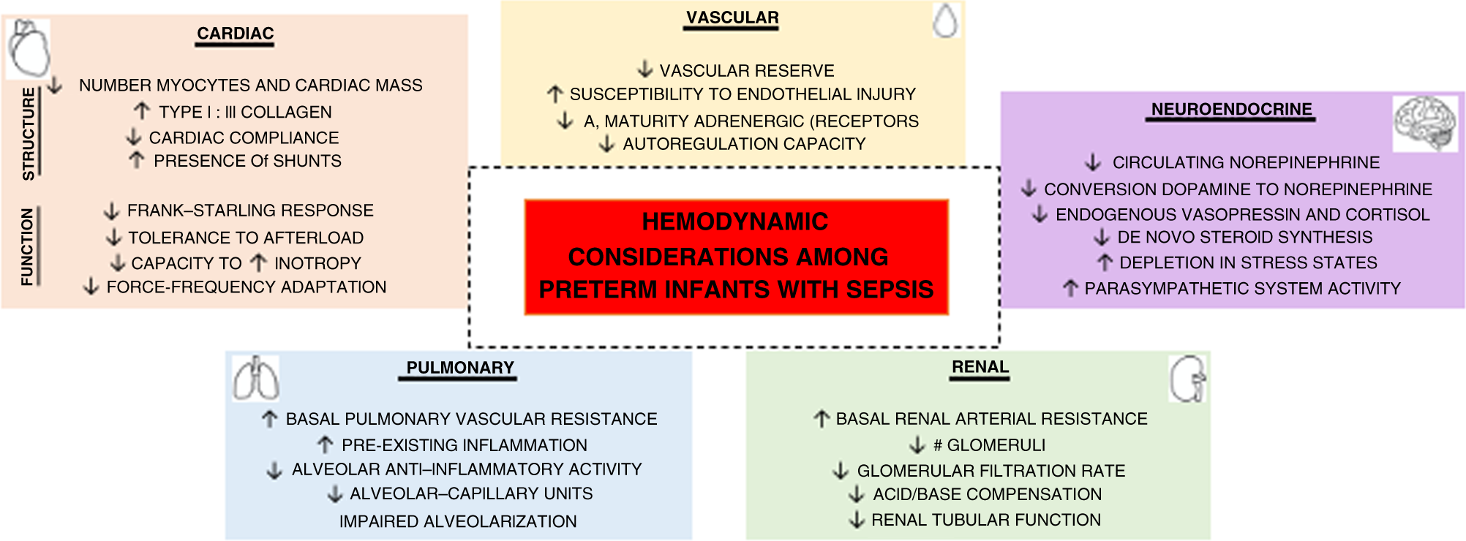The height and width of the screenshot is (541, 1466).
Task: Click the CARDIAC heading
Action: (235, 34)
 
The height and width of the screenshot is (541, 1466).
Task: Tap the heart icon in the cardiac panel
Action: (29, 48)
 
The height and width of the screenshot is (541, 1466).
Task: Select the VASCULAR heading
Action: (732, 18)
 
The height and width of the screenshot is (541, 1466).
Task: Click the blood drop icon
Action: (946, 20)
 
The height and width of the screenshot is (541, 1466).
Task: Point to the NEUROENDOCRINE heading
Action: (1231, 110)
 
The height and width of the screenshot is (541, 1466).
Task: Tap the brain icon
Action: (1424, 123)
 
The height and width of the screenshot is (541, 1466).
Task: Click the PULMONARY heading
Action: (459, 368)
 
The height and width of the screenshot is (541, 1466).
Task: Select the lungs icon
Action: (255, 379)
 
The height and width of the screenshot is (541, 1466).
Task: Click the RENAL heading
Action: (980, 367)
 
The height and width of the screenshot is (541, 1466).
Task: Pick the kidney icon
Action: (1187, 379)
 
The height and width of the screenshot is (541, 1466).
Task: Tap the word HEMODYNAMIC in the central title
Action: (735, 222)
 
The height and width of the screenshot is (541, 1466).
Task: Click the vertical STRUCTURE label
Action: (29, 134)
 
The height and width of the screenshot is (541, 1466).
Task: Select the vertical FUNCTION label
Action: (28, 246)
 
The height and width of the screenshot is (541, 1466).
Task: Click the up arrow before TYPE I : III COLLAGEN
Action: (141, 111)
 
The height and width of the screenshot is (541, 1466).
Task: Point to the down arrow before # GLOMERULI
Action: (917, 444)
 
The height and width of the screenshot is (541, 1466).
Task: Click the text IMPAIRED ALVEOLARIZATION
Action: (458, 521)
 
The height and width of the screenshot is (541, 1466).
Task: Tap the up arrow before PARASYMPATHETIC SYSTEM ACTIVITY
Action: (1070, 288)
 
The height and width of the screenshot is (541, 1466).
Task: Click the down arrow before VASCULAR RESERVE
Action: (644, 69)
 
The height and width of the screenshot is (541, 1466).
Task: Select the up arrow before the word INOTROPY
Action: (258, 262)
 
